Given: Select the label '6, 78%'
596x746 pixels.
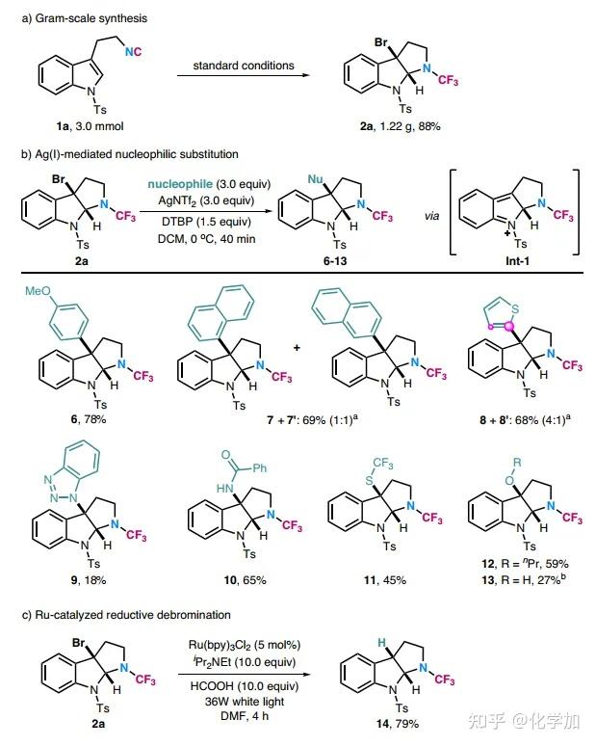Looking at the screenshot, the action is click(77, 419).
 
